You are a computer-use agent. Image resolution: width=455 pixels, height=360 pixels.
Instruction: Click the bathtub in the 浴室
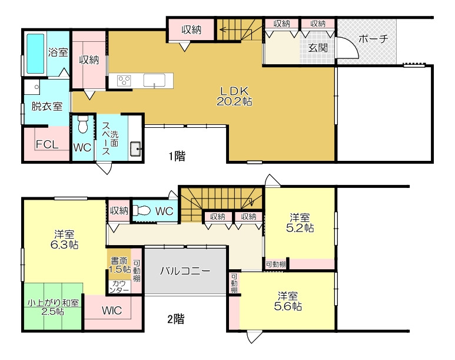click(x=36, y=54)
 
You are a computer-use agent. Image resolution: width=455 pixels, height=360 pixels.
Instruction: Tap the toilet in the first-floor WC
click(x=83, y=124)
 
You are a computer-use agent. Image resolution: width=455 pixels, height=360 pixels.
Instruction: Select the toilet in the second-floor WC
click(x=144, y=210)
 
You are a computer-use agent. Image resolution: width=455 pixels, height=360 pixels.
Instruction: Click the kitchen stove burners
click(x=124, y=81)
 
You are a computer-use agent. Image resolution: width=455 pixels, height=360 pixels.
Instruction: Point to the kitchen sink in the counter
click(x=154, y=80)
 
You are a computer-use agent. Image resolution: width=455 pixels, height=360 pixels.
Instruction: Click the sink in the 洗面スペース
click(x=135, y=149)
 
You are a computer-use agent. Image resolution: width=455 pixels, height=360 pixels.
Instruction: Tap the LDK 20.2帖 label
click(x=234, y=96)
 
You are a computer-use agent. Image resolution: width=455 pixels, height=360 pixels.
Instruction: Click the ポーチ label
click(x=373, y=39)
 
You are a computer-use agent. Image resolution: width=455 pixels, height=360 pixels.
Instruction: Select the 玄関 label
click(x=318, y=48)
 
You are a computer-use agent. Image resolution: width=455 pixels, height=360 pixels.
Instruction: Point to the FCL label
click(x=47, y=144)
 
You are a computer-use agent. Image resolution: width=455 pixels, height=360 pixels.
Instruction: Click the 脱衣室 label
click(x=47, y=106)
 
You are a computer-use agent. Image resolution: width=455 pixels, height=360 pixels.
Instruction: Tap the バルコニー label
click(x=185, y=271)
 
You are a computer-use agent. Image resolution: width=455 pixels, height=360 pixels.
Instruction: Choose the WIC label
click(x=112, y=311)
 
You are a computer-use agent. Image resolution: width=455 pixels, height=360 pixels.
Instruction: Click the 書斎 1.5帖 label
click(x=119, y=265)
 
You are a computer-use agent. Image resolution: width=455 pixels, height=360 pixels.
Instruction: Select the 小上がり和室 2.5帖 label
click(x=53, y=307)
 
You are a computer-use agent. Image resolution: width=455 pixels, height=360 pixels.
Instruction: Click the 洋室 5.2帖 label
click(x=300, y=223)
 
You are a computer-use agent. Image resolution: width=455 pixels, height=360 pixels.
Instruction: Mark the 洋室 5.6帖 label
click(x=288, y=302)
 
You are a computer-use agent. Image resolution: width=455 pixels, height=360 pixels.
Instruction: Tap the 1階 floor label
click(x=177, y=156)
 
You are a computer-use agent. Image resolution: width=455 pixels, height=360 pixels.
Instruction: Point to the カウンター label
click(x=119, y=287)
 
